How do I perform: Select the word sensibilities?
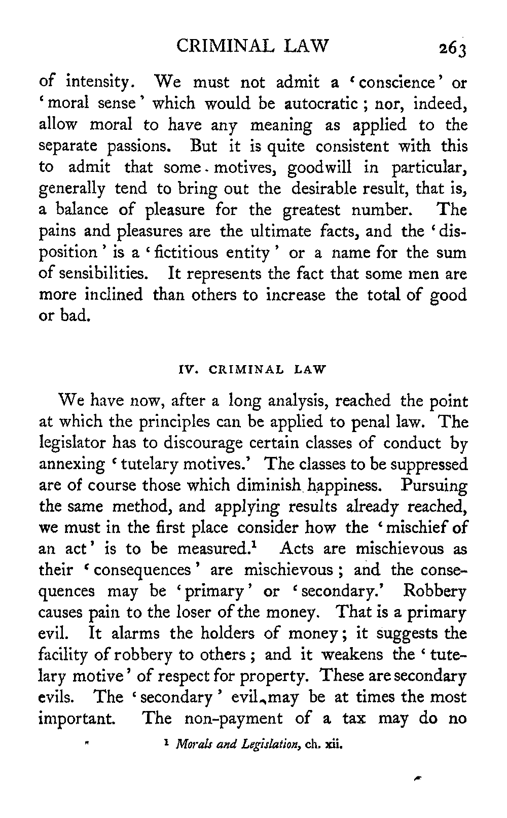[101, 273]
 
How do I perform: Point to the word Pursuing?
[433, 486]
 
